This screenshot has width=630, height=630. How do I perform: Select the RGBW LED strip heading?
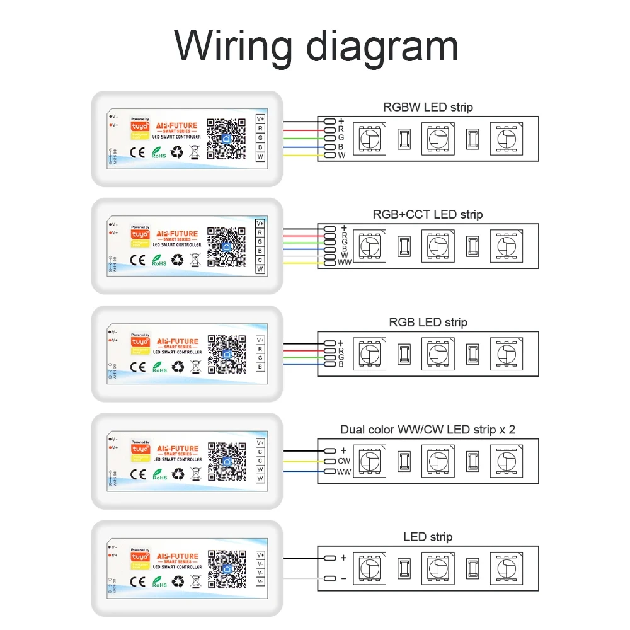click(x=428, y=107)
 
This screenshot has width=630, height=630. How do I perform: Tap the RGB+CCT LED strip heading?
click(x=428, y=214)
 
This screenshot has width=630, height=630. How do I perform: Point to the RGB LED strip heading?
click(x=428, y=322)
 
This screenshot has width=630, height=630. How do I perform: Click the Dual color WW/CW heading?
click(x=428, y=430)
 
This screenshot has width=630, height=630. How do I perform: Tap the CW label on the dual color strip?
click(x=344, y=461)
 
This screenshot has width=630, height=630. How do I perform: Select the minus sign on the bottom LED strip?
click(x=343, y=578)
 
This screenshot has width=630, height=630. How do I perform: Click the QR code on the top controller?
click(x=226, y=139)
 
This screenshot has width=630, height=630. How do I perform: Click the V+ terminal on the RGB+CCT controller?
click(x=260, y=223)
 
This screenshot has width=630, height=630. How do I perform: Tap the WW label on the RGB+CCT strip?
click(x=345, y=262)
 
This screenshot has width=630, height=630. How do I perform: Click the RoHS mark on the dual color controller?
click(x=159, y=476)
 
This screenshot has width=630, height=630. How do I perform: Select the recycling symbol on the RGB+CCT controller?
click(x=179, y=259)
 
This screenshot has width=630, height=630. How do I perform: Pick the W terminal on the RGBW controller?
click(x=260, y=156)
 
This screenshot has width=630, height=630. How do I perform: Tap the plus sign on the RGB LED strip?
click(x=341, y=343)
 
